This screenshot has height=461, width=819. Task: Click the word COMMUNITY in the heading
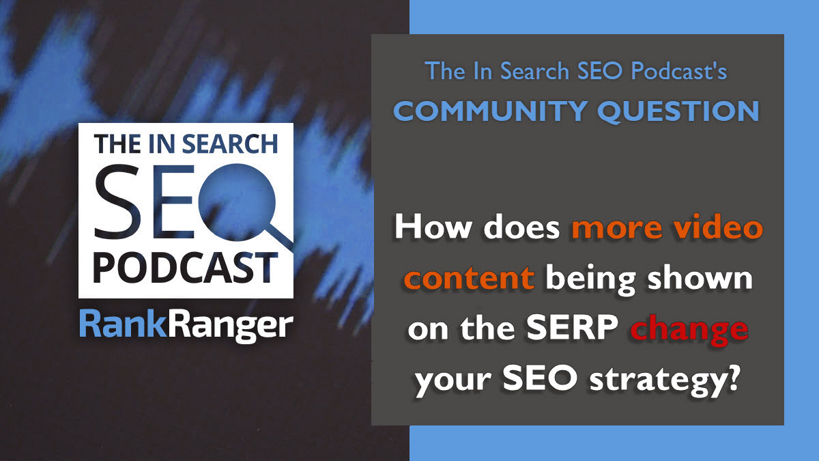click(x=490, y=111)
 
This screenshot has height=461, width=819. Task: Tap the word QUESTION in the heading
click(x=678, y=111)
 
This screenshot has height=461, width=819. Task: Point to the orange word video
click(x=719, y=227)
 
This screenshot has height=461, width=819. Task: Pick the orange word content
click(x=469, y=279)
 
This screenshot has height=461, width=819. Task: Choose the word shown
click(x=700, y=278)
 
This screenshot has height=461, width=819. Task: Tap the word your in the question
click(x=453, y=382)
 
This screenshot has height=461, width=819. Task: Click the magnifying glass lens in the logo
click(x=237, y=202)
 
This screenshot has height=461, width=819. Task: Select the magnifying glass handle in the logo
click(x=279, y=236)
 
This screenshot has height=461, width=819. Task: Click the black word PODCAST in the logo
click(x=186, y=268)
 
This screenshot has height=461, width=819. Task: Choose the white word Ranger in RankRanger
click(x=231, y=326)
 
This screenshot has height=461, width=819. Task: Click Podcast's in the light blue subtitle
click(x=679, y=70)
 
